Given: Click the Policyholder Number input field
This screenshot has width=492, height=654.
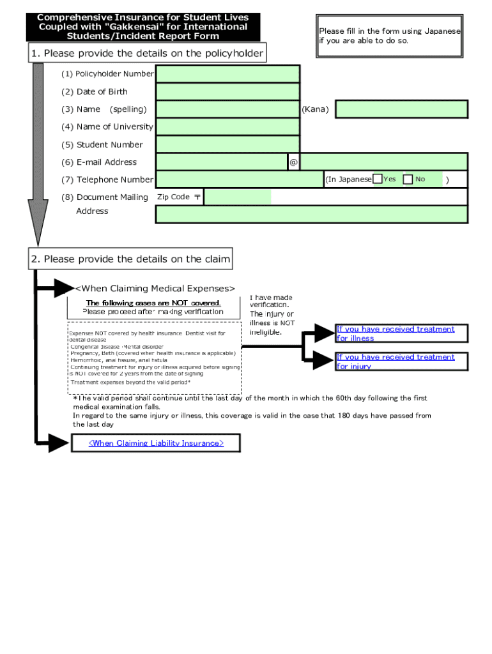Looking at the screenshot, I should pyautogui.click(x=227, y=74).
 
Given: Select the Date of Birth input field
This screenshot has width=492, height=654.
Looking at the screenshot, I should pyautogui.click(x=227, y=92).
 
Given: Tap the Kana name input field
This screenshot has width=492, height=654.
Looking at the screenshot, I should pyautogui.click(x=401, y=109).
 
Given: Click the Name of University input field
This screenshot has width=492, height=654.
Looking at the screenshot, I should pyautogui.click(x=227, y=126).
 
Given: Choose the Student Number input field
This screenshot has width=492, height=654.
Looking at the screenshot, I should pyautogui.click(x=227, y=144).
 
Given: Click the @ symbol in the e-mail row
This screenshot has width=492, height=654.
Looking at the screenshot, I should pyautogui.click(x=293, y=162).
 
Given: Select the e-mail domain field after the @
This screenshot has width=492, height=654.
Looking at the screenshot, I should pyautogui.click(x=383, y=162).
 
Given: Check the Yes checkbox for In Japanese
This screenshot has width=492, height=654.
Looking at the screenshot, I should pyautogui.click(x=378, y=179).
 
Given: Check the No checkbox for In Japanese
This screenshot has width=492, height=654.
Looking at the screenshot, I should pyautogui.click(x=408, y=179).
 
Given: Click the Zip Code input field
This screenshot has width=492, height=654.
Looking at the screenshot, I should pyautogui.click(x=237, y=197).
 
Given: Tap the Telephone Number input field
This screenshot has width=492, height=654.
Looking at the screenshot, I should pyautogui.click(x=240, y=179).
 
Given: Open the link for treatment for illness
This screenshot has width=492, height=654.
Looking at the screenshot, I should pyautogui.click(x=396, y=333).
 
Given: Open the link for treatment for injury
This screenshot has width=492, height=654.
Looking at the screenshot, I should pyautogui.click(x=396, y=361).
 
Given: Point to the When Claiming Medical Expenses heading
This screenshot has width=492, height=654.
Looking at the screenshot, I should pyautogui.click(x=155, y=289).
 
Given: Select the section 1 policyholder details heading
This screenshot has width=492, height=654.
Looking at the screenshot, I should pyautogui.click(x=146, y=54).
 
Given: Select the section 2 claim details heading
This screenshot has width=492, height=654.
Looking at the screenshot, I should pyautogui.click(x=130, y=259).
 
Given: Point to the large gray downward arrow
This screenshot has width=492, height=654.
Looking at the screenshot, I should pyautogui.click(x=38, y=153).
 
